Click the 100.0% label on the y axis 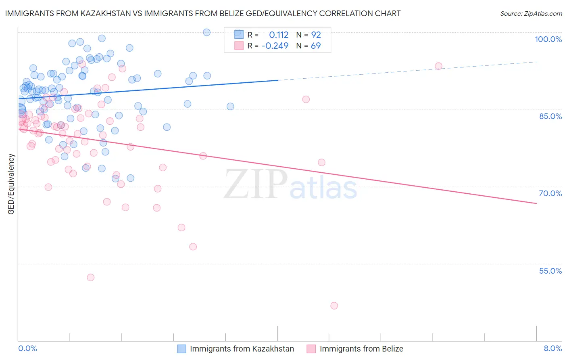coord(548,39)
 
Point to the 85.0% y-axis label coord(550,116)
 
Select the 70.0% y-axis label coord(550,193)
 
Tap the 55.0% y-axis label coord(550,271)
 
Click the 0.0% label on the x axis coord(27,348)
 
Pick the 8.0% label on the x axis coord(552,348)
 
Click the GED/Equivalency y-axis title coord(11,184)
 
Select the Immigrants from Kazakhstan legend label coord(242,349)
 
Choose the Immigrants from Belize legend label coord(361,349)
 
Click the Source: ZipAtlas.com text coord(531,14)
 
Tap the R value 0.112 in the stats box coord(279,35)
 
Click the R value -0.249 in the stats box coord(275,46)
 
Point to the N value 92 coord(316,35)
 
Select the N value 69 coord(316,46)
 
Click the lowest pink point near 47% coord(334,306)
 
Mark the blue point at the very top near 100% coord(206,32)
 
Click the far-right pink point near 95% coord(438,66)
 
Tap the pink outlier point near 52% coord(91,277)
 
